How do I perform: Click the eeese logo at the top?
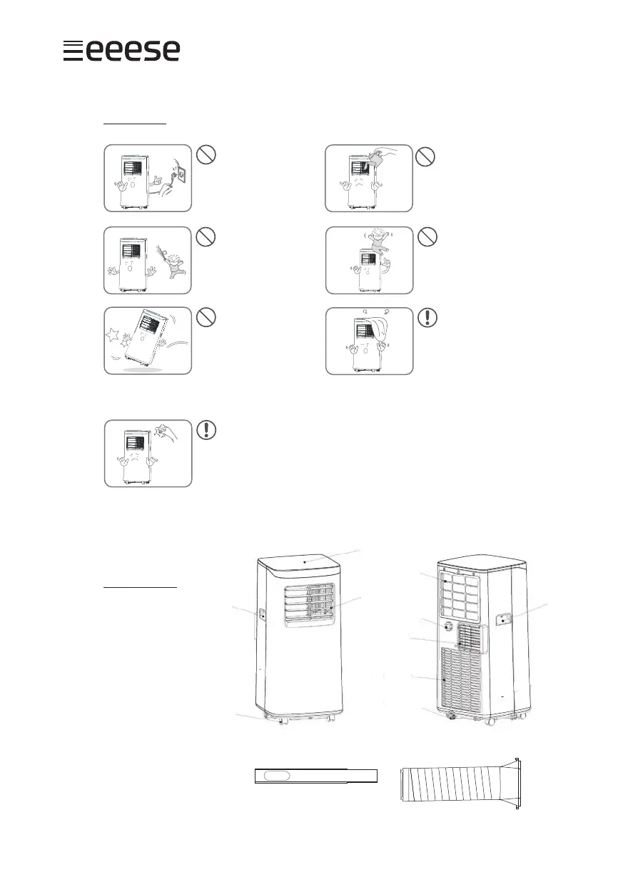click(121, 51)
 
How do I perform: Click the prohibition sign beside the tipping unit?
click(205, 319)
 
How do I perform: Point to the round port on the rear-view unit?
click(447, 626)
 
